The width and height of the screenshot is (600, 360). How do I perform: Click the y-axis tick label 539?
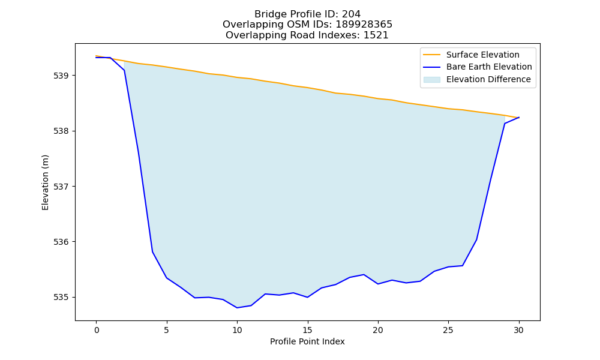coord(61,76)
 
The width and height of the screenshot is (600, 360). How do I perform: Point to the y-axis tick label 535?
coord(61,297)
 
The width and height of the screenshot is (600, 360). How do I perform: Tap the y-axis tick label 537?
coord(61,187)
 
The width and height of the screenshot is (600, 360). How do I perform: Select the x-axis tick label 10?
coord(237,330)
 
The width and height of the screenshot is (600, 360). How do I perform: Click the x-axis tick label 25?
coord(448,330)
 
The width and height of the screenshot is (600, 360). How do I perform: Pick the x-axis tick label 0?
coord(97,330)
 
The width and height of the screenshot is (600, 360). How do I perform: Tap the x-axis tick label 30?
coord(518,330)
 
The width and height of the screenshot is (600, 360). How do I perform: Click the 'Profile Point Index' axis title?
coord(307,341)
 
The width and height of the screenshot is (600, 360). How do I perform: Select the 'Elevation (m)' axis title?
coord(45,182)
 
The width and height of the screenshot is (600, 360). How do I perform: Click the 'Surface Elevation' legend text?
coord(483,55)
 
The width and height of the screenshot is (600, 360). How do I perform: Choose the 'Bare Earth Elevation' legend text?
coord(489,67)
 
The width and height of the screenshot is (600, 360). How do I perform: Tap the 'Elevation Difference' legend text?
coord(488,80)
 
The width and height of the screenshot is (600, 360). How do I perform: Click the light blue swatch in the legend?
coord(431,80)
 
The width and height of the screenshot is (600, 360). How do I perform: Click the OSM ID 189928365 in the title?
coord(364,25)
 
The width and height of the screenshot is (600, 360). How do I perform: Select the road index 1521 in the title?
coord(376,35)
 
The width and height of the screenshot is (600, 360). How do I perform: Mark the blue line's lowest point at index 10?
coord(237,308)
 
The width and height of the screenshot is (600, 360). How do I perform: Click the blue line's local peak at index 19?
coord(364,275)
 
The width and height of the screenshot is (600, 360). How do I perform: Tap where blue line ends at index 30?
coord(519,118)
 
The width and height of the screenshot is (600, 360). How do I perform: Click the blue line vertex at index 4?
coord(152,252)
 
